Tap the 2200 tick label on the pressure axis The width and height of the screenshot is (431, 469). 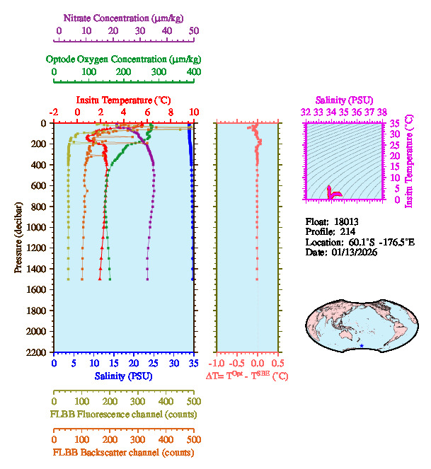[x=38, y=352]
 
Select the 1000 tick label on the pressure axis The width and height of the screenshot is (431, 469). [x=38, y=227]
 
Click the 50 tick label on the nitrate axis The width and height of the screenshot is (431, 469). [x=193, y=31]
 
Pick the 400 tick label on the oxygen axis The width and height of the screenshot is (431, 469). [x=193, y=72]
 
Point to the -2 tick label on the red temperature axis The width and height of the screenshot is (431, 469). [x=54, y=112]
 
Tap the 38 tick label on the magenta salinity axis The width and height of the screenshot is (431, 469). [x=382, y=112]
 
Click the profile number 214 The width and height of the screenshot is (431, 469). [x=347, y=231]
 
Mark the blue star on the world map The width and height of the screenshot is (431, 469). [x=362, y=346]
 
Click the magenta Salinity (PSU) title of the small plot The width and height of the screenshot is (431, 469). [x=344, y=100]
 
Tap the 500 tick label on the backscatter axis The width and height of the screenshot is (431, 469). [x=193, y=439]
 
